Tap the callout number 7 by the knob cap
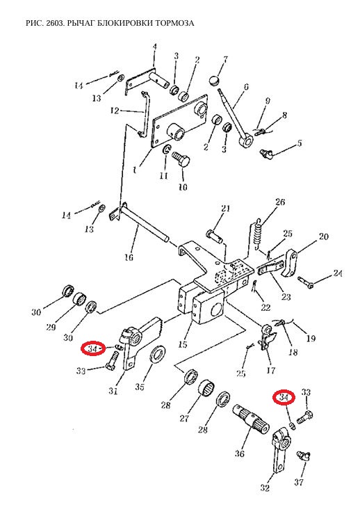click(x=226, y=60)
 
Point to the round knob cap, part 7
click(x=215, y=81)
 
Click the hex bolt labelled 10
click(x=181, y=159)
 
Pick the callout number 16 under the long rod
click(x=129, y=257)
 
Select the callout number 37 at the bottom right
click(x=299, y=483)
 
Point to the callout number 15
click(x=183, y=344)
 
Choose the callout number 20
click(x=323, y=236)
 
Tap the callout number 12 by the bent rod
click(x=115, y=111)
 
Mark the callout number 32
click(x=265, y=488)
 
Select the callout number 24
click(x=338, y=273)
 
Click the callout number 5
click(x=300, y=143)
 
